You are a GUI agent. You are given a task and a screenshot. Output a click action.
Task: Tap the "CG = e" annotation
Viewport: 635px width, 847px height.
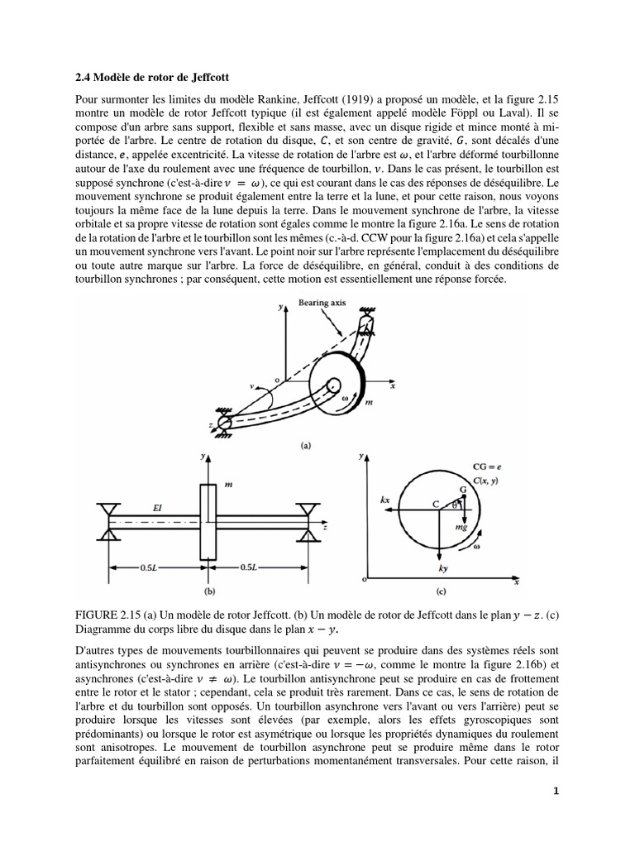488,468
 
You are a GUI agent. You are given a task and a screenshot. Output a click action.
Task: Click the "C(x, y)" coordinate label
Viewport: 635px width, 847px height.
488,481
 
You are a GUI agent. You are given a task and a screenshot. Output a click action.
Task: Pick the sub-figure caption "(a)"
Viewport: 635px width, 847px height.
306,444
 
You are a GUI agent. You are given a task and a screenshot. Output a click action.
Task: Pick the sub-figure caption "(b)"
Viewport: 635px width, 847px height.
209,591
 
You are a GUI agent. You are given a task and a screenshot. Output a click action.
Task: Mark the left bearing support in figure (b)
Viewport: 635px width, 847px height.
106,516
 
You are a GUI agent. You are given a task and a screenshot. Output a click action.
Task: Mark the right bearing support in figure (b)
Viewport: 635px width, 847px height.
309,517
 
